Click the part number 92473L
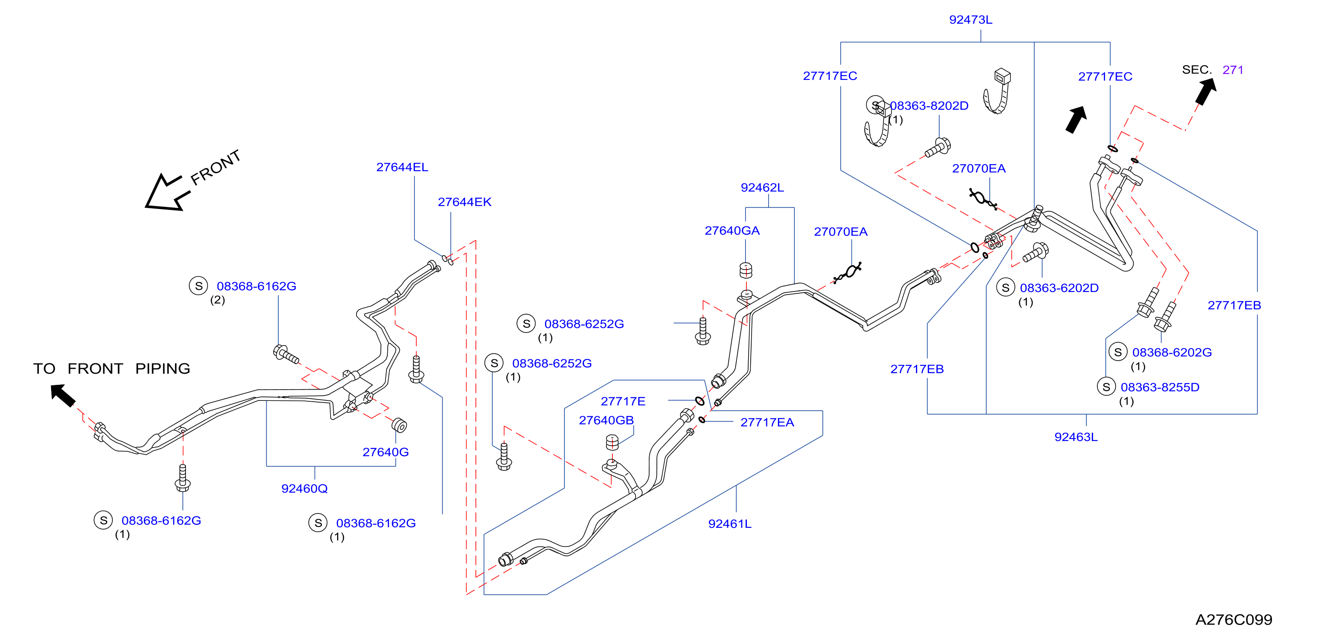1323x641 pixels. point(970,19)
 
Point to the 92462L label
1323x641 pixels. point(762,187)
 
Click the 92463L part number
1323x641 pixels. point(1076,437)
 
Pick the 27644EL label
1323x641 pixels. point(402,167)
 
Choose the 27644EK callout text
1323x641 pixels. point(464,202)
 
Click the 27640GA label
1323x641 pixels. point(732,230)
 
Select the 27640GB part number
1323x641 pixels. point(606,420)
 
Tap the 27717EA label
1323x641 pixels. point(767,422)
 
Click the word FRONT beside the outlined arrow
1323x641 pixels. point(215,167)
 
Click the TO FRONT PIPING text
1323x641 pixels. point(112,368)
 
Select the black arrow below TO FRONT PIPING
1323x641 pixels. point(63,395)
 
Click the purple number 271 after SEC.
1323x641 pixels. point(1233,70)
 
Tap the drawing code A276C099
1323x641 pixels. point(1234,619)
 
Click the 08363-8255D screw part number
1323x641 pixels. point(1160,387)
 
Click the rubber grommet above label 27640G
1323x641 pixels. point(399,425)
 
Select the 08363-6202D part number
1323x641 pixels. point(1059,288)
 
